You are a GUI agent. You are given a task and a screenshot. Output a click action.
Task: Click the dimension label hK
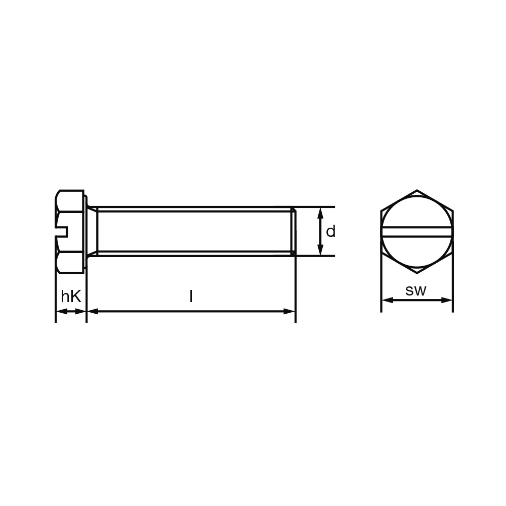[x=71, y=296]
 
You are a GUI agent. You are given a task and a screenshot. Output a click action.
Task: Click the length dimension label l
[x=191, y=296]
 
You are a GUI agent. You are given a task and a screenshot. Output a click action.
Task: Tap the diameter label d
[x=331, y=231]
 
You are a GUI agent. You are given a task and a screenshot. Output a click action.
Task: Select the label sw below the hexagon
[x=416, y=291]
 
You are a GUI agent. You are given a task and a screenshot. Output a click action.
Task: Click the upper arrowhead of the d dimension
[x=320, y=213]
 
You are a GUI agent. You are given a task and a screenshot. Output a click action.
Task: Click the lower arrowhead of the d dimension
[x=320, y=250]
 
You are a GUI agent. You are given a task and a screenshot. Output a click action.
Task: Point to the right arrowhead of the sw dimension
[x=447, y=300]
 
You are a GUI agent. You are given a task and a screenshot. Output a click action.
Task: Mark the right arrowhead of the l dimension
[x=289, y=311]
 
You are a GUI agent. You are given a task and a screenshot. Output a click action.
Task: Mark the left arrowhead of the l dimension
[x=93, y=311]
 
